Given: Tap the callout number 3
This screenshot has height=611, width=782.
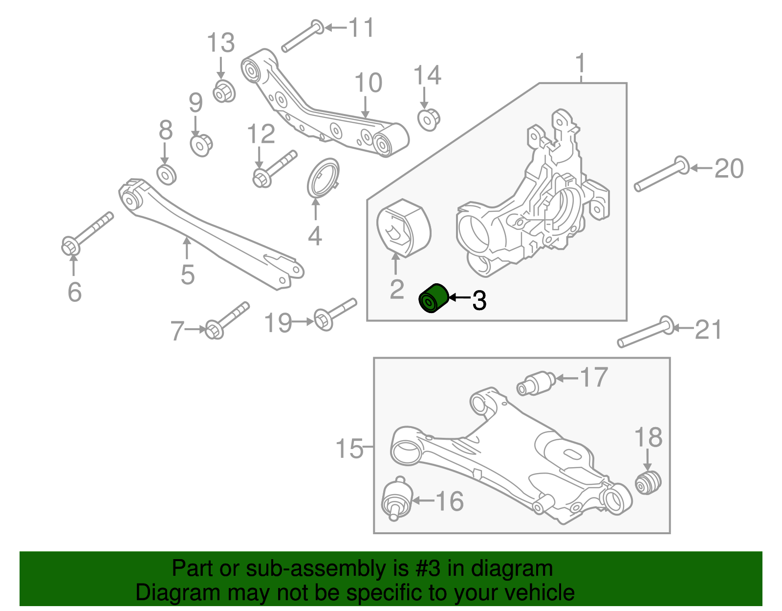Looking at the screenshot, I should pos(479,300).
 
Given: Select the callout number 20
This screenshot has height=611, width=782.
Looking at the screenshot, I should pos(729,169).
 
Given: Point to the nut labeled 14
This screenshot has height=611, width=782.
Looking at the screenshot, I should pos(429,119).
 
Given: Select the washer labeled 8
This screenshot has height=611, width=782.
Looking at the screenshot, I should pos(167,174).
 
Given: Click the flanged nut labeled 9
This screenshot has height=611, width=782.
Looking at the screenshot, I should pos(200,145).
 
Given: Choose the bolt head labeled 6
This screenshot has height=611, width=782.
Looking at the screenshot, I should pos(71,246).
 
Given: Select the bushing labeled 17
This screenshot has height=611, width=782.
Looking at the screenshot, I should pos(536,383).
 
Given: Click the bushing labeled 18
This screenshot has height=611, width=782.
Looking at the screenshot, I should pos(648,482).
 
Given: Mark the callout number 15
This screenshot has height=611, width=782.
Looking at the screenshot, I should pos(349,448).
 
